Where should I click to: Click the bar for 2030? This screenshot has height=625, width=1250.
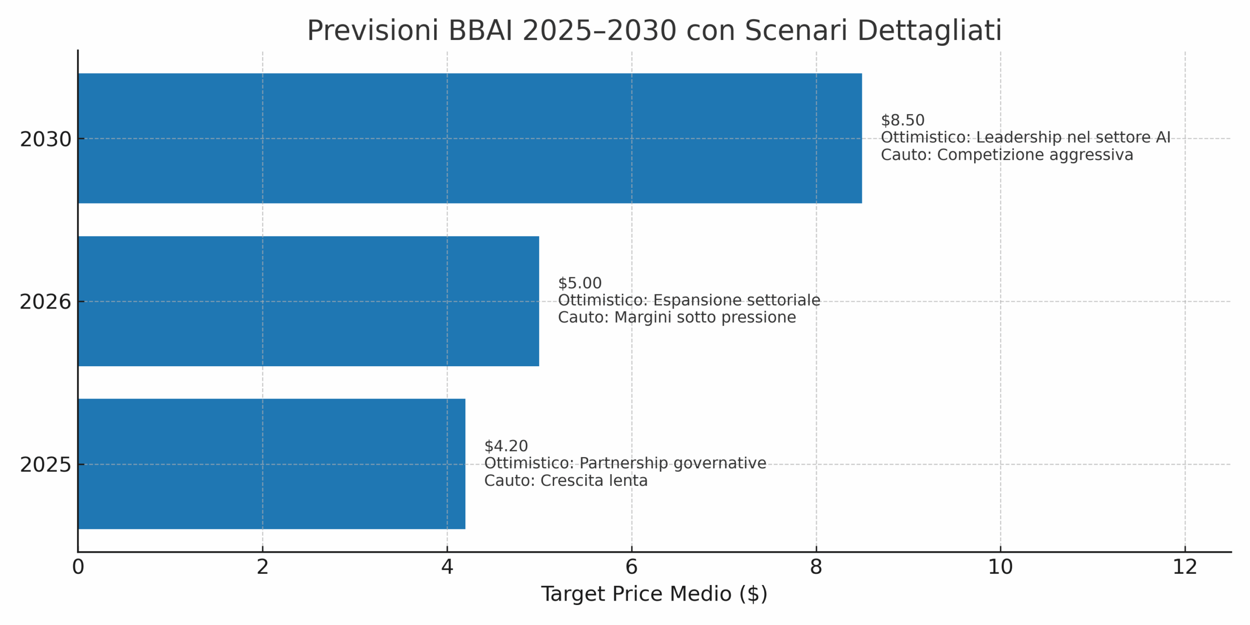(470, 138)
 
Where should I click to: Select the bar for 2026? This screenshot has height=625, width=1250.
(308, 301)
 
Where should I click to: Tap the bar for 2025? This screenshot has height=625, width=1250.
(271, 463)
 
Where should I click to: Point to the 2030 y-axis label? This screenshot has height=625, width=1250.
(45, 140)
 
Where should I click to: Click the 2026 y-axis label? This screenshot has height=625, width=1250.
(45, 302)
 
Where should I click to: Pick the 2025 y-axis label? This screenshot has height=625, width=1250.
(45, 465)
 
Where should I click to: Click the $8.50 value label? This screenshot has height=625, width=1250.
(902, 120)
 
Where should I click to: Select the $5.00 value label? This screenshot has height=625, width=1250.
(580, 283)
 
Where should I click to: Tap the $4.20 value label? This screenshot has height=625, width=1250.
(506, 446)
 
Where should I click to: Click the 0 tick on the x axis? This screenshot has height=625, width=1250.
(78, 567)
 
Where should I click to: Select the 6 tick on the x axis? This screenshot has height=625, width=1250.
(631, 567)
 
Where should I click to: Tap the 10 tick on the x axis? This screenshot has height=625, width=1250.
(1000, 567)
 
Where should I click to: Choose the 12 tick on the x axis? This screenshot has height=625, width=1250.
(1185, 567)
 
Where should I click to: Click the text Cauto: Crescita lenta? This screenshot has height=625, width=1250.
(566, 480)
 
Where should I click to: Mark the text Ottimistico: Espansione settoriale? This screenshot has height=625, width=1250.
(689, 300)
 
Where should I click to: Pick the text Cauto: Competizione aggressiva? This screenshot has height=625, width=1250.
(1007, 155)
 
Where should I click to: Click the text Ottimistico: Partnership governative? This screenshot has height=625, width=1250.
(625, 463)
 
